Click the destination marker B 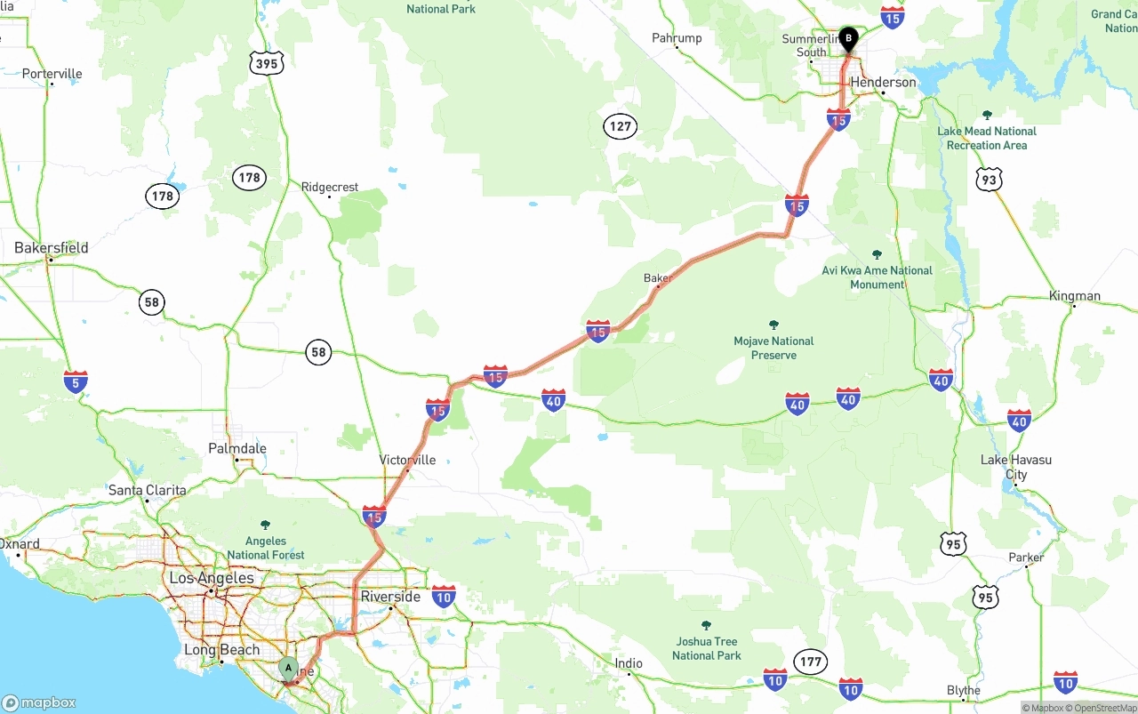pyautogui.click(x=848, y=38)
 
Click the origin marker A pyautogui.click(x=288, y=668)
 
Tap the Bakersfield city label pyautogui.click(x=52, y=248)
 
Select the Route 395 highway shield pyautogui.click(x=267, y=62)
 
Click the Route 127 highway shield pyautogui.click(x=620, y=126)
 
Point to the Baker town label pyautogui.click(x=657, y=278)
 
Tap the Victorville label pyautogui.click(x=408, y=460)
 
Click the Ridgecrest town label pyautogui.click(x=330, y=187)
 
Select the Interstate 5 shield pyautogui.click(x=76, y=382)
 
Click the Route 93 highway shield pyautogui.click(x=988, y=181)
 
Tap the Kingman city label pyautogui.click(x=1074, y=296)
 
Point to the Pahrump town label pyautogui.click(x=677, y=38)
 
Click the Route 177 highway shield pyautogui.click(x=810, y=662)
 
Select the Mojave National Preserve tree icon pyautogui.click(x=773, y=325)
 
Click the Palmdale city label pyautogui.click(x=237, y=448)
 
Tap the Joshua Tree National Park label pyautogui.click(x=706, y=648)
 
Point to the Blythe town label pyautogui.click(x=964, y=690)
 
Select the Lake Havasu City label pyautogui.click(x=1016, y=467)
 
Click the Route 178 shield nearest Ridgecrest pyautogui.click(x=250, y=178)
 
